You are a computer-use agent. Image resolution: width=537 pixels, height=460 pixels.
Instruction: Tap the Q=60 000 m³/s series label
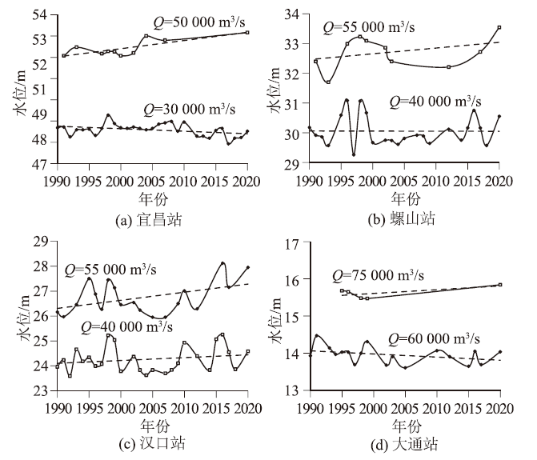pyautogui.click(x=436, y=338)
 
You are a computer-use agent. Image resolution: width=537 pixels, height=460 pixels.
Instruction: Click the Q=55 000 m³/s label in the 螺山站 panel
pyautogui.click(x=369, y=27)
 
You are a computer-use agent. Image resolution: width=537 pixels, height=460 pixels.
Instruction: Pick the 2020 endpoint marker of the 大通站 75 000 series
pyautogui.click(x=500, y=285)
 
